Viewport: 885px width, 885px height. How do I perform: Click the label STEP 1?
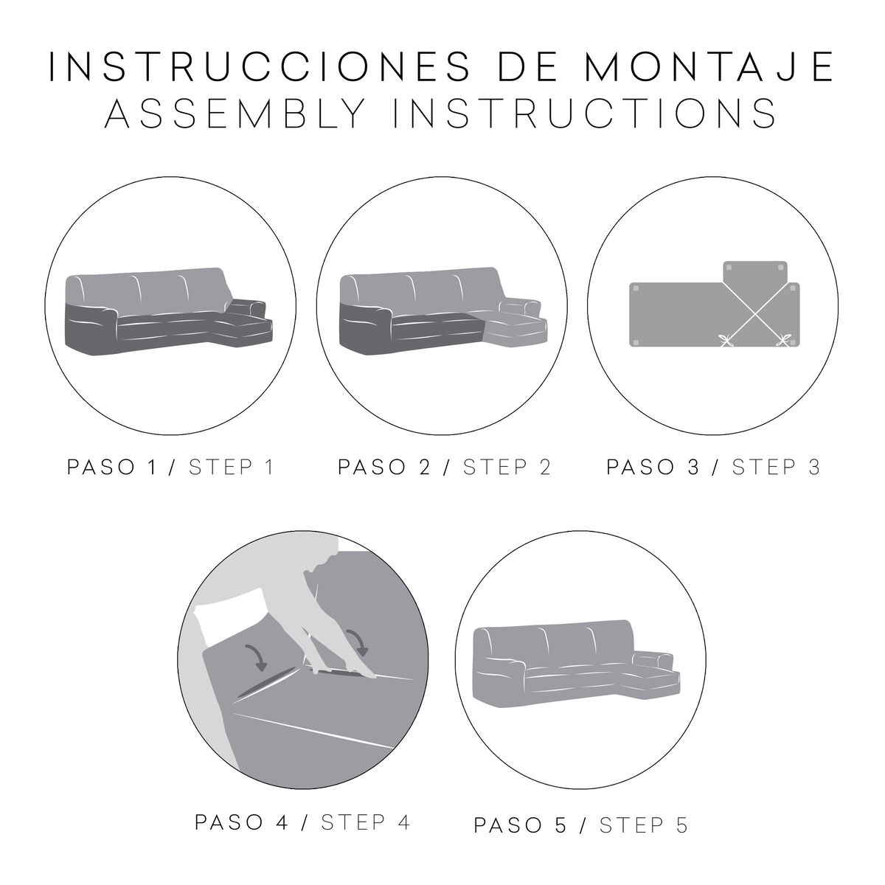tap(232, 468)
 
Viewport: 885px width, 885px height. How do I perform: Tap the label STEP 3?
tap(776, 468)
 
